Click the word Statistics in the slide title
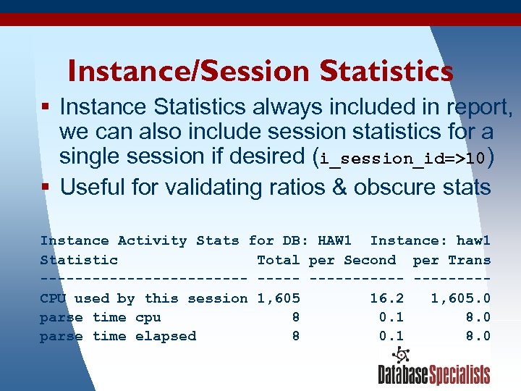(x=386, y=71)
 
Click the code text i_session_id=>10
(x=403, y=158)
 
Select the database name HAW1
(x=334, y=240)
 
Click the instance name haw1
(x=473, y=240)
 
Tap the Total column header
(x=278, y=260)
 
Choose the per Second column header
(x=352, y=260)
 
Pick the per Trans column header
(x=452, y=260)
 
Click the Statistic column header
(x=79, y=260)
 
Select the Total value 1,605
(x=279, y=298)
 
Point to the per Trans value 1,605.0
(x=461, y=298)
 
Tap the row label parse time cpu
(x=101, y=317)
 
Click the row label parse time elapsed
(x=118, y=336)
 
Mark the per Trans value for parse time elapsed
(x=478, y=336)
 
